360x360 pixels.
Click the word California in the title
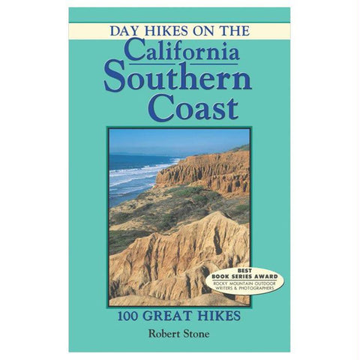point(182,50)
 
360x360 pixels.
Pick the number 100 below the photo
point(130,316)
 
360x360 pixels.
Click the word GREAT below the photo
point(168,316)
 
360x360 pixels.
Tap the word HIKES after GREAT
point(217,316)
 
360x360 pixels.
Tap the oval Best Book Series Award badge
point(244,282)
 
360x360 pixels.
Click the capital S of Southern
point(116,78)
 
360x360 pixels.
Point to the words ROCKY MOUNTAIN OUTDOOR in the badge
point(244,283)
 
